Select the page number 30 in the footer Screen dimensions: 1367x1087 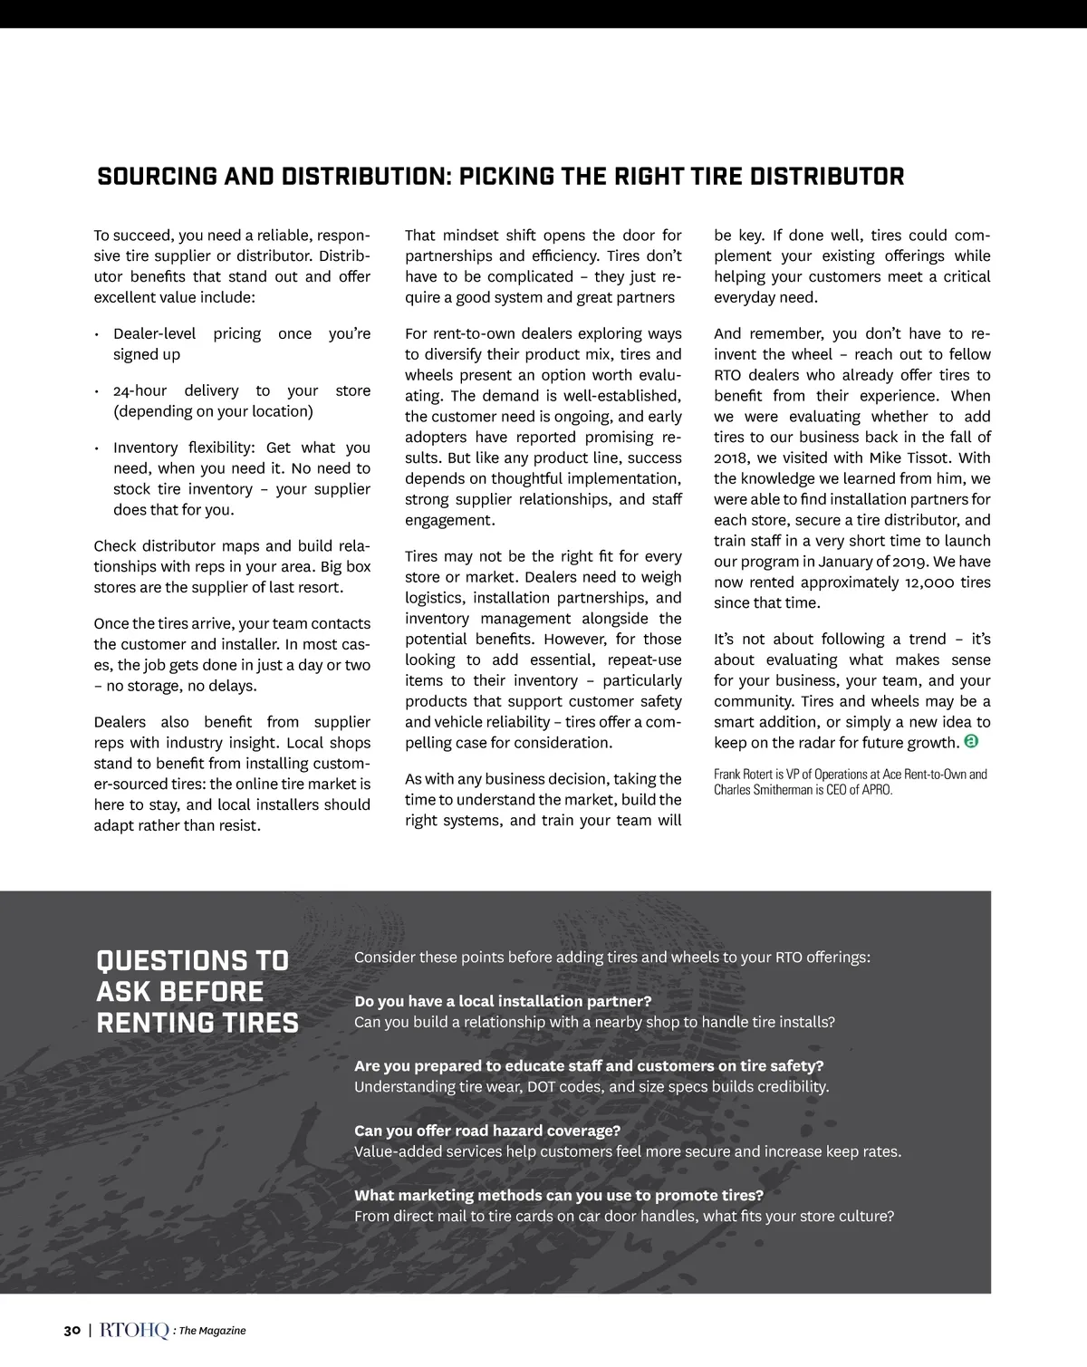coord(72,1330)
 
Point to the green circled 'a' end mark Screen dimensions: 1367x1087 coord(971,742)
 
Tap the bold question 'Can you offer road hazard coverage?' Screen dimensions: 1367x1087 coord(487,1131)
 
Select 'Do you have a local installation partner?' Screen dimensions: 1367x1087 coord(503,1001)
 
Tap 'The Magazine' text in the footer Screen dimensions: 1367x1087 coord(212,1331)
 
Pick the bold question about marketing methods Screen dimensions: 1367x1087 coord(559,1195)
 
